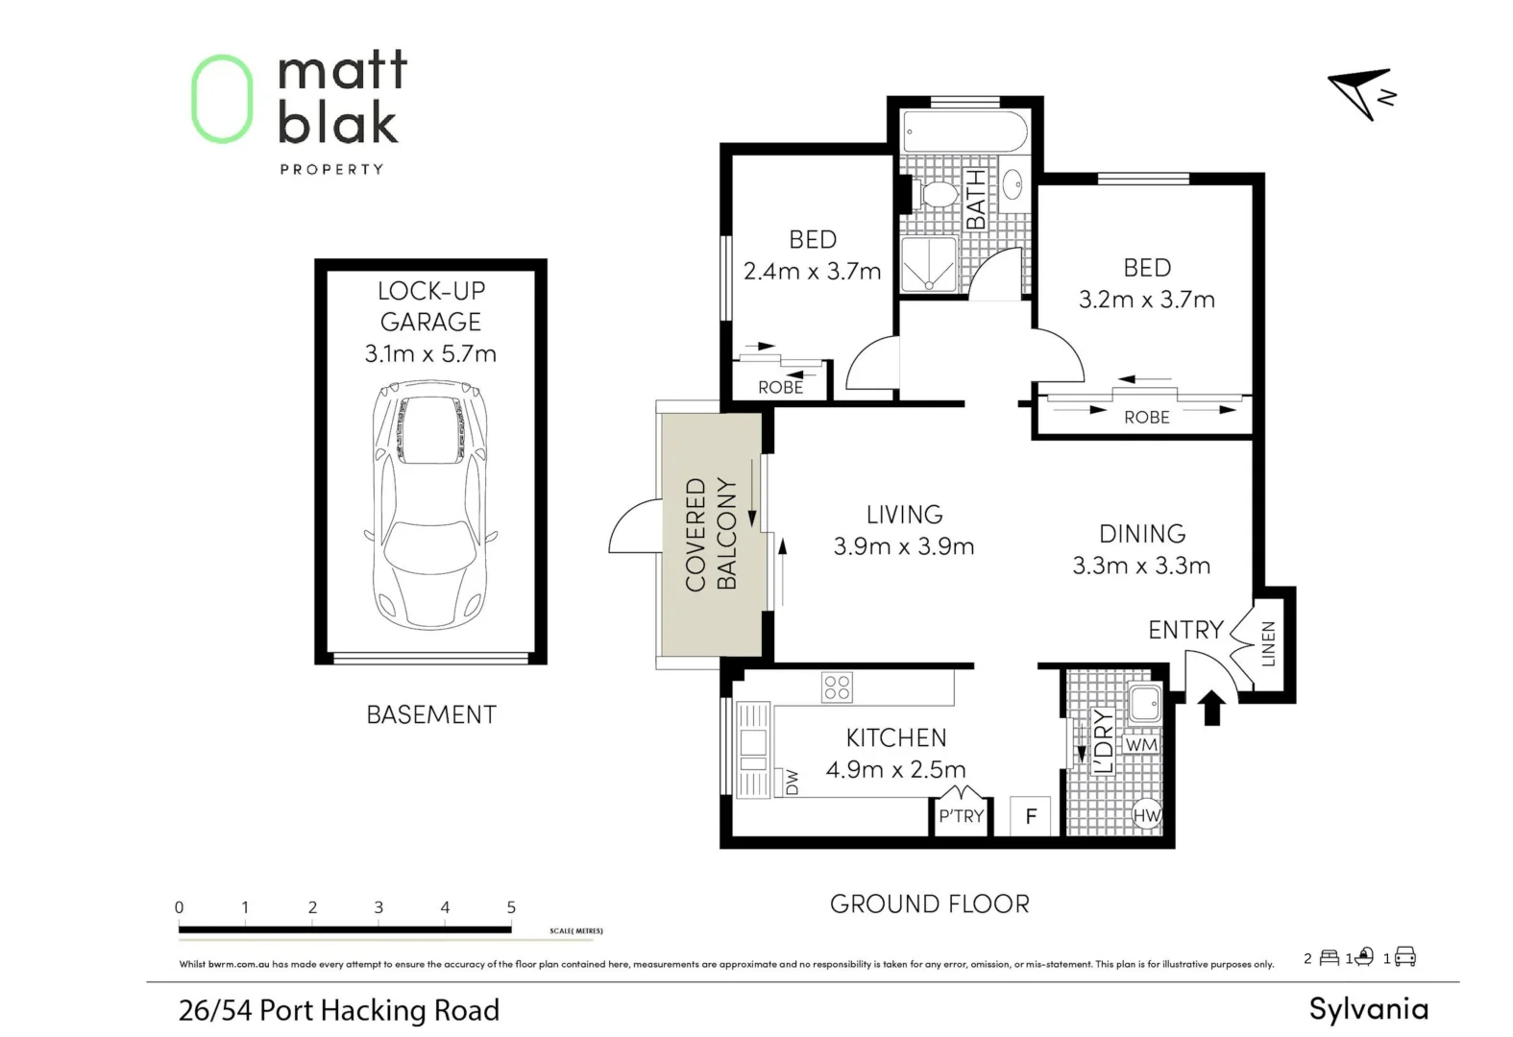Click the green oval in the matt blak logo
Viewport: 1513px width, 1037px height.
[222, 99]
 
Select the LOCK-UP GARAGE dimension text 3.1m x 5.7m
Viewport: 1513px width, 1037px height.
[430, 353]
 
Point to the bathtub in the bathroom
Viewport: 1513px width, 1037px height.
[964, 131]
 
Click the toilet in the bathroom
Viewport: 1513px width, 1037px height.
[936, 195]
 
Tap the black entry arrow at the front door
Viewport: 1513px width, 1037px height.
[1212, 708]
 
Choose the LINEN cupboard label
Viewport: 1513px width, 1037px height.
[1268, 643]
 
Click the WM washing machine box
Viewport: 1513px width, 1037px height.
[1141, 744]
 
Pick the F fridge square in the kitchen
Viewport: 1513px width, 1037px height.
[1031, 816]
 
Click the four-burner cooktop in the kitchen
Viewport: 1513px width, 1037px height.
[837, 687]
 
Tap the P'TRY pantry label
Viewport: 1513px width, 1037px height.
[962, 816]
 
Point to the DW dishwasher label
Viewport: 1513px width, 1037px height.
[793, 783]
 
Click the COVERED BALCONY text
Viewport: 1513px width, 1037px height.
[711, 534]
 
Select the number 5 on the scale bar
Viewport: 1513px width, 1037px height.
[511, 906]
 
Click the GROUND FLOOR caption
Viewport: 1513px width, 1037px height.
[929, 904]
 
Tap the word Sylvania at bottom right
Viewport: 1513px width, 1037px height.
[1368, 1009]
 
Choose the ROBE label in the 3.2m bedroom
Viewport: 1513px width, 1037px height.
[1147, 417]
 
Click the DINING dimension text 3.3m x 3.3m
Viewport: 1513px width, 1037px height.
[1141, 566]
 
